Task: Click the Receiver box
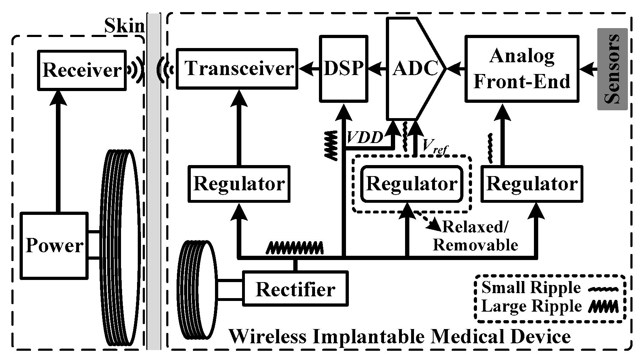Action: click(x=82, y=70)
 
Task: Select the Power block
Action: click(x=54, y=245)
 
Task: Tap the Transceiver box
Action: click(x=237, y=68)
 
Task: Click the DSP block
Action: click(x=343, y=68)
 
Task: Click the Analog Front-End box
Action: click(x=522, y=69)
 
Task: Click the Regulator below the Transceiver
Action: click(x=238, y=184)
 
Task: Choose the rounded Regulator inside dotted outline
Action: click(x=412, y=184)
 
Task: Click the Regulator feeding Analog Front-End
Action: click(x=532, y=184)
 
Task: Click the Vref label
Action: click(x=433, y=146)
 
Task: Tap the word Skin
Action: click(x=124, y=26)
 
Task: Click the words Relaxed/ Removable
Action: click(x=475, y=235)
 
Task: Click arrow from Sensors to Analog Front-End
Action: click(x=588, y=68)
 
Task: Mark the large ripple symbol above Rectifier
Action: click(x=295, y=247)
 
